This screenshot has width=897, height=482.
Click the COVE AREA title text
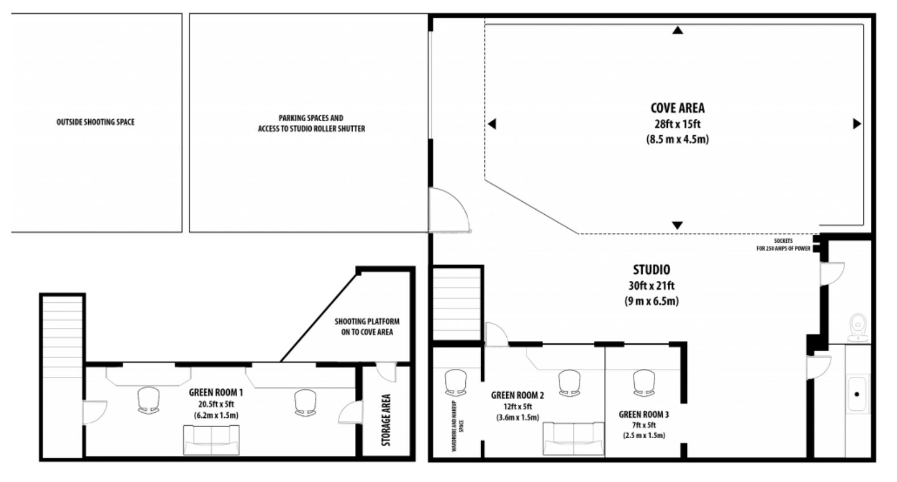click(677, 108)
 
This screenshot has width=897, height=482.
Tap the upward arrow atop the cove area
click(677, 30)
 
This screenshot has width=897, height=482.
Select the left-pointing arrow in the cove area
click(492, 124)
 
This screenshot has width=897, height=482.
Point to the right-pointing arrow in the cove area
click(857, 123)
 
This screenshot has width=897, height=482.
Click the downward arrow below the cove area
click(677, 226)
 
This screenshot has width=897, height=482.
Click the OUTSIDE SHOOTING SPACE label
click(96, 122)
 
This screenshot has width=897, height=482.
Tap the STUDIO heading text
click(651, 269)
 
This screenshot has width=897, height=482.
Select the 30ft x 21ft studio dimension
click(651, 286)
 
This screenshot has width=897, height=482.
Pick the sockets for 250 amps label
click(783, 244)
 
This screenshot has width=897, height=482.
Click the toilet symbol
click(858, 327)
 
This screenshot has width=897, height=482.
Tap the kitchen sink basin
click(857, 394)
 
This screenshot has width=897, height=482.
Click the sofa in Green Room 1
click(211, 440)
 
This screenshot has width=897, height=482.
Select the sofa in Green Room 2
click(573, 438)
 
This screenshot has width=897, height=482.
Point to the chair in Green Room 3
click(644, 383)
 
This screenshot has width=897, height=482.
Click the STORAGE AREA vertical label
click(386, 420)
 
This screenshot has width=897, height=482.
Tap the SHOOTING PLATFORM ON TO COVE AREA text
click(367, 326)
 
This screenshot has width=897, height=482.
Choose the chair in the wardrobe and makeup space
click(456, 383)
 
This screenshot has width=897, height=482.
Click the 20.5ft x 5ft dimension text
click(216, 404)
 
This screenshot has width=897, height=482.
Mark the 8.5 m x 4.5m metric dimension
click(677, 139)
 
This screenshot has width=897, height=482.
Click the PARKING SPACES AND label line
click(311, 118)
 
